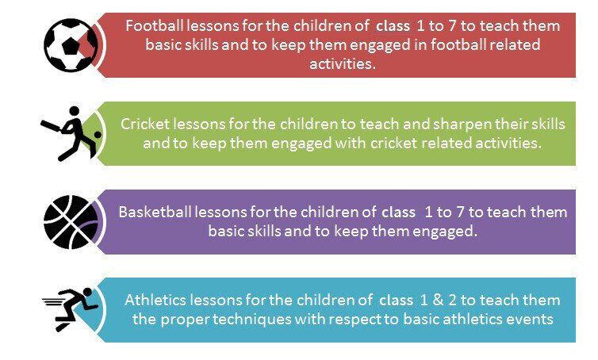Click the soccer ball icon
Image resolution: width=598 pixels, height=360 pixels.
click(x=71, y=45)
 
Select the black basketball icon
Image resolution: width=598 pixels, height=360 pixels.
click(x=71, y=221)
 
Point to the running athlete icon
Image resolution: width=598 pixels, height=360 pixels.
click(x=71, y=309)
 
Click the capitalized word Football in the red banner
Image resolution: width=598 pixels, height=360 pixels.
click(x=156, y=26)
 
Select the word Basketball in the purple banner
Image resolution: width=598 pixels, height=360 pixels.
click(x=155, y=213)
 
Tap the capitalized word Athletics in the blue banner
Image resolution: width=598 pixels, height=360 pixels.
click(x=155, y=301)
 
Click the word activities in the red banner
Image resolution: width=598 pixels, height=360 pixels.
click(x=341, y=63)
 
